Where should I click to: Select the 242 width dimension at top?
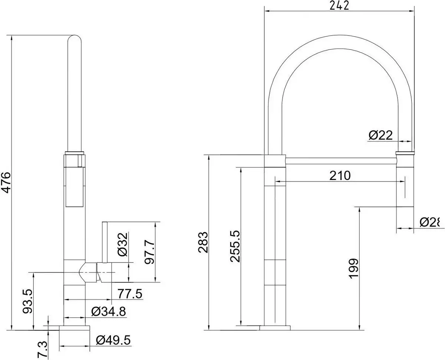pos(339,6)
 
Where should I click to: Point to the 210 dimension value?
pos(340,175)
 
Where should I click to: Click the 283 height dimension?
pos(203,242)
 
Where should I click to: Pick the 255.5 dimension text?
pos(235,246)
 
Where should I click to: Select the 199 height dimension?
pos(354,268)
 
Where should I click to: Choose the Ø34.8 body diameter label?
pos(108,311)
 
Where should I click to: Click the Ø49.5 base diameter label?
pos(113,340)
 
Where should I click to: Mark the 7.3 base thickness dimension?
pos(43,349)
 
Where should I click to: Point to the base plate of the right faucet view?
pos(275,328)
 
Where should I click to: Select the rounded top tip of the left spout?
pos(75,39)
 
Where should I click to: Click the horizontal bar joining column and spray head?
pos(341,160)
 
